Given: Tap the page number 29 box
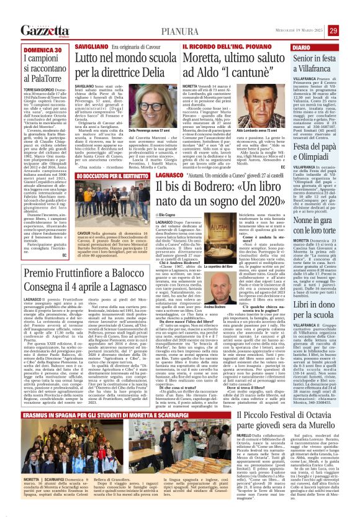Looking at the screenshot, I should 350,30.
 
